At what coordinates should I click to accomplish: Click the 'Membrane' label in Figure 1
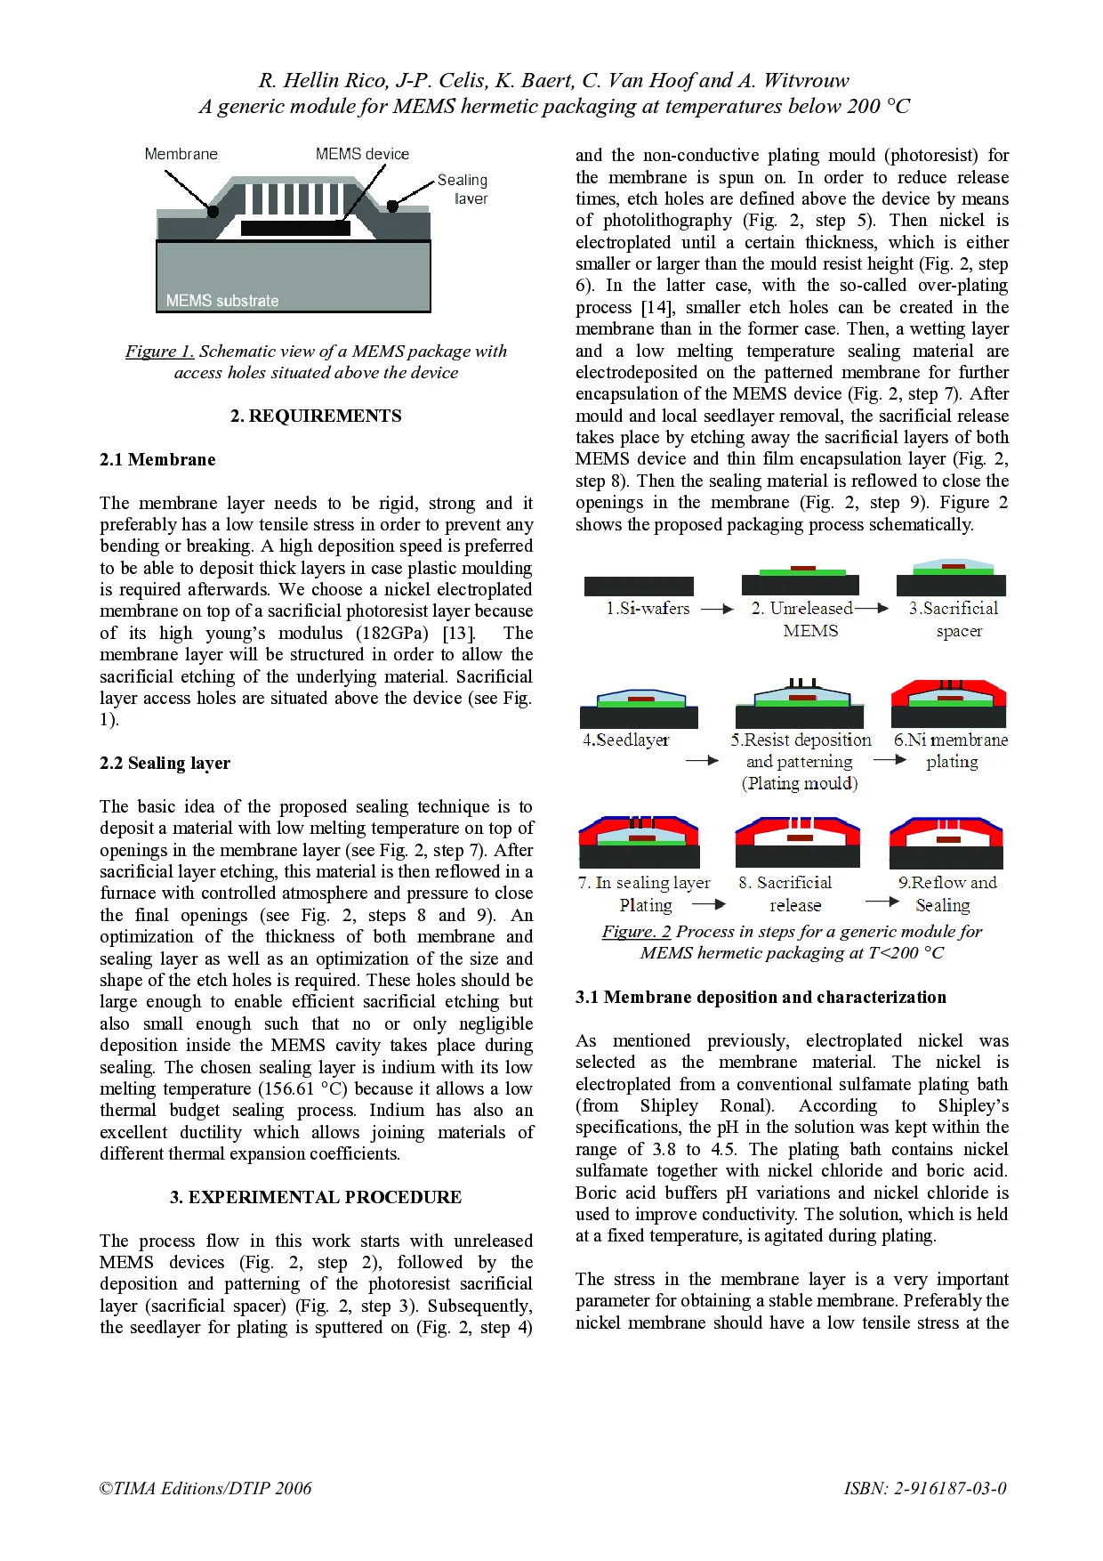pos(181,154)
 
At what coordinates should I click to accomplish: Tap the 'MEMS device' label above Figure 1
pos(362,154)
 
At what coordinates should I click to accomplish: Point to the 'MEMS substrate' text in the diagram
pos(221,301)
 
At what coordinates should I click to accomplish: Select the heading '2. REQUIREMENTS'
pos(316,416)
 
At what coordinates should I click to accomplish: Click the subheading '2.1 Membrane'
pos(157,459)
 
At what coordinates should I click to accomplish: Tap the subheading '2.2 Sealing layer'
pos(165,763)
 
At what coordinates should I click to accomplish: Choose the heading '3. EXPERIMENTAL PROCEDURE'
pos(316,1197)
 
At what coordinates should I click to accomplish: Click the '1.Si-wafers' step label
pos(648,609)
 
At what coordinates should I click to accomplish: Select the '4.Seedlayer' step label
pos(625,740)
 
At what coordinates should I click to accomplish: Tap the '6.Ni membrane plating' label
pos(951,749)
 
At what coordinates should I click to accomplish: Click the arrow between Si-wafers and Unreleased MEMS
pos(717,610)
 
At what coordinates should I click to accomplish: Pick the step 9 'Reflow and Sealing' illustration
pos(946,842)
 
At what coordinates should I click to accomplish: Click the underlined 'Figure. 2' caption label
pos(636,931)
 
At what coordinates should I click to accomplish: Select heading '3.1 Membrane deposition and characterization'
pos(761,997)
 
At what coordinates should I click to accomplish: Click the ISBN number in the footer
pos(925,1488)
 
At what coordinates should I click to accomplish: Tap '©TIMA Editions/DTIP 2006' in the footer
pos(205,1488)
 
